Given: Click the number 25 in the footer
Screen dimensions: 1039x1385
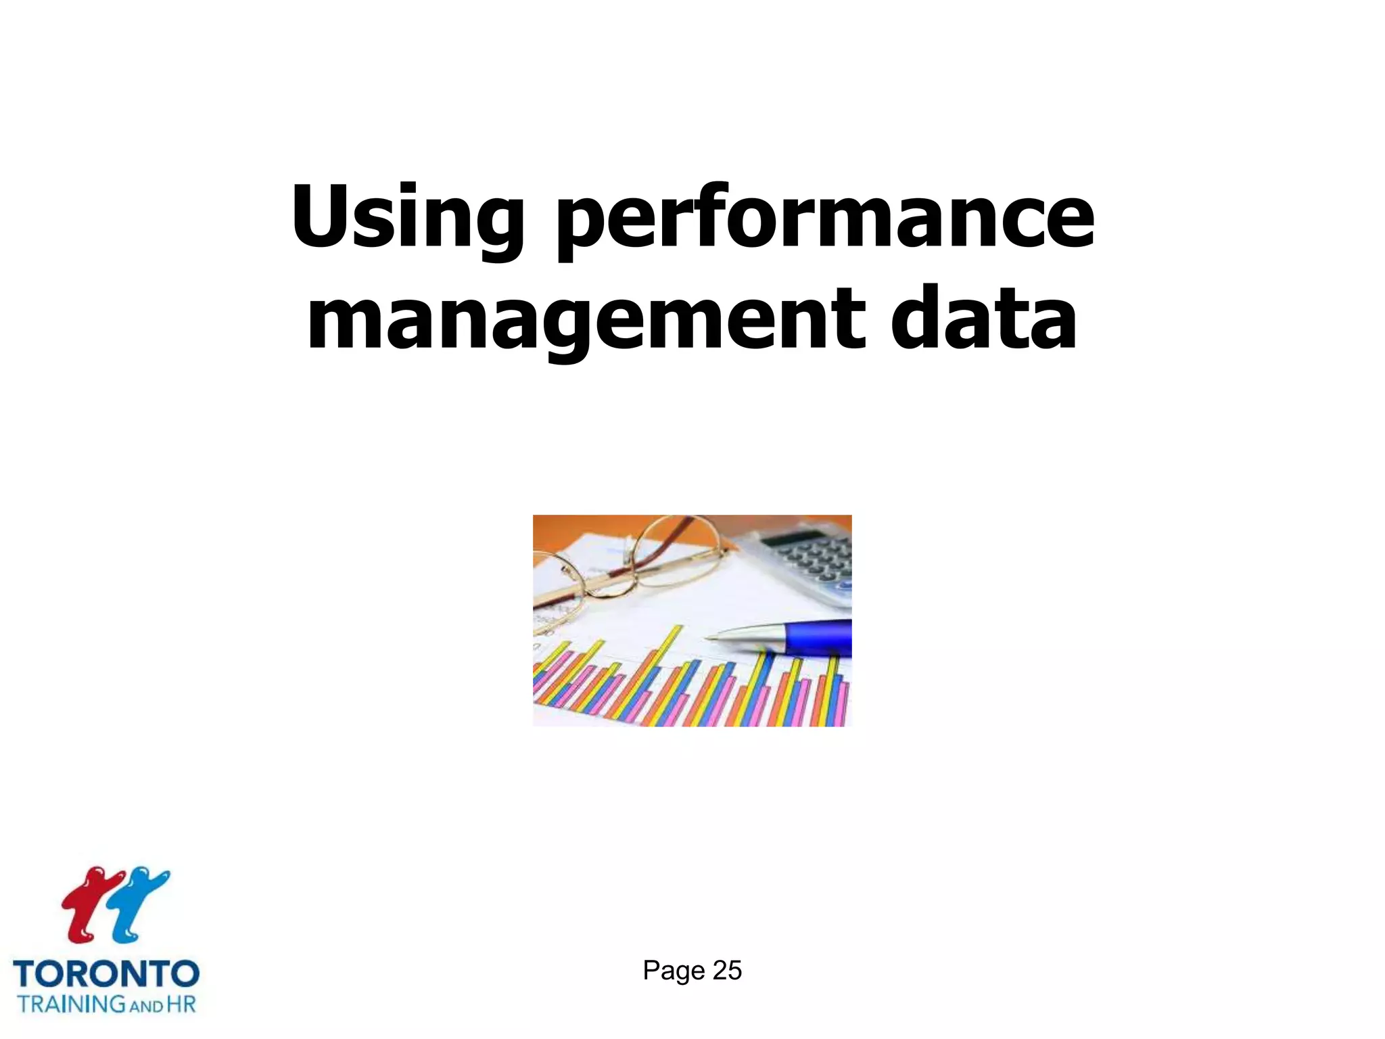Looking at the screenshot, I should [x=727, y=971].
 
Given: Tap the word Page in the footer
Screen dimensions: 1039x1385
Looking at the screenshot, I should [x=674, y=971].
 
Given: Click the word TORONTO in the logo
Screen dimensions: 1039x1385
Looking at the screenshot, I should [x=106, y=974].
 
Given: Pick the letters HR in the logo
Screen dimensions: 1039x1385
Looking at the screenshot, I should [x=181, y=1004].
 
